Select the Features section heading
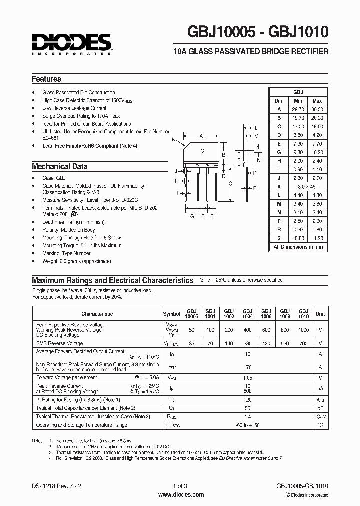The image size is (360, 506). click(46, 79)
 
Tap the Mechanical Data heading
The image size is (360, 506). click(59, 167)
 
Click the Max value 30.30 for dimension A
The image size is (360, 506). click(317, 109)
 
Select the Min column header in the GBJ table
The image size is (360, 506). click(298, 101)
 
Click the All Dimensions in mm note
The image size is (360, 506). click(298, 247)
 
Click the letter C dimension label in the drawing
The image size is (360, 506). click(230, 183)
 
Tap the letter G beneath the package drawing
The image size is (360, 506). click(192, 216)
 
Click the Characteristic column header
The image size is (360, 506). click(97, 314)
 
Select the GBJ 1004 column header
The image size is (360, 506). click(247, 314)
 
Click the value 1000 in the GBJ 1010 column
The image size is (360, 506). click(303, 330)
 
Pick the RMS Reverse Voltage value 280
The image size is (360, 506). click(247, 344)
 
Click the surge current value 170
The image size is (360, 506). click(247, 367)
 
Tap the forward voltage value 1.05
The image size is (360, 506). click(247, 378)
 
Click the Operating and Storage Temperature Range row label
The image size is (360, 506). click(82, 425)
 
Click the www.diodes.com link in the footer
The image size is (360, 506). click(179, 495)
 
